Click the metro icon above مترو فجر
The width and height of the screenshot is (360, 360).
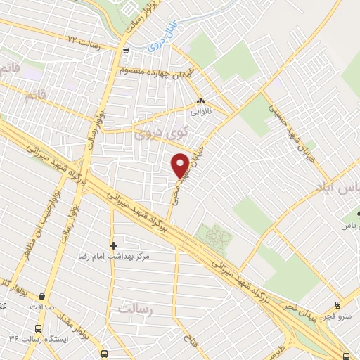338,304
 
